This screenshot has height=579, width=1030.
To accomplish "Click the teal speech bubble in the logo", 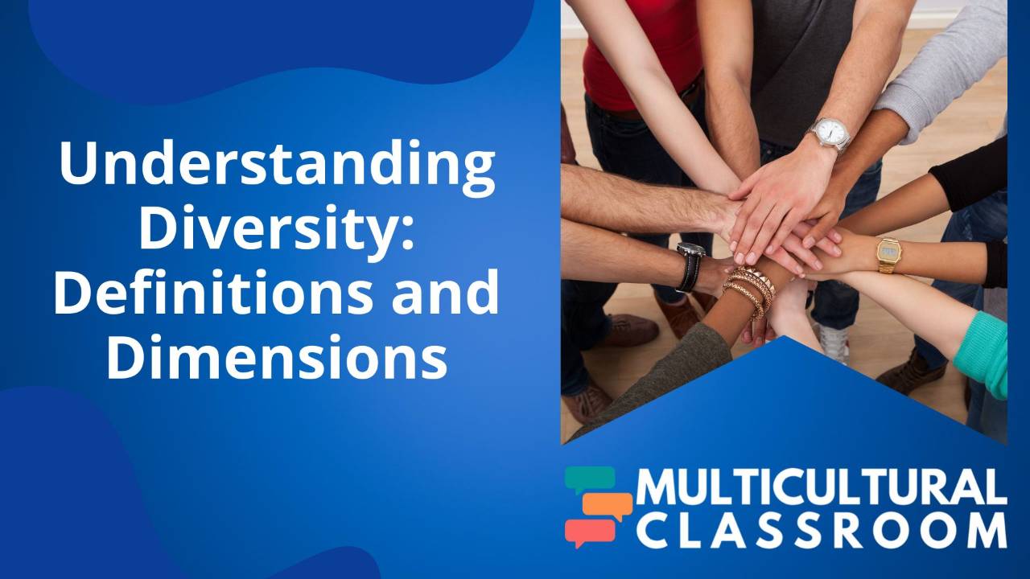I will coord(589,480).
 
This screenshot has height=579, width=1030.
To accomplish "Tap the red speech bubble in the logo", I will coord(589,532).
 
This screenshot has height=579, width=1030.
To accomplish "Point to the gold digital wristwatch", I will coord(888,255).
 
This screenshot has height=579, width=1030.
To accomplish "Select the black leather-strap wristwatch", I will coord(690,266).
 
